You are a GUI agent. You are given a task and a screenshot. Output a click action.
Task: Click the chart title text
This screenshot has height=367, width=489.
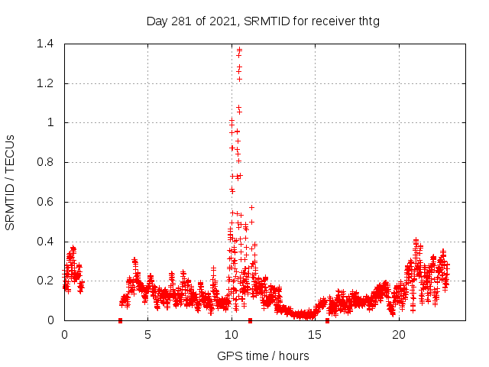[263, 21]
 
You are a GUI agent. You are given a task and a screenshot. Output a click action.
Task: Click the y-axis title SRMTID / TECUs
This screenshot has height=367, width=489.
[11, 182]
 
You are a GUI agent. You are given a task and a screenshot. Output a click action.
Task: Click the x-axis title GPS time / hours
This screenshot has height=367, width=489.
[263, 356]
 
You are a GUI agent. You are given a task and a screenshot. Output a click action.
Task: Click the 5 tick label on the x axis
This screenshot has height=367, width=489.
[147, 334]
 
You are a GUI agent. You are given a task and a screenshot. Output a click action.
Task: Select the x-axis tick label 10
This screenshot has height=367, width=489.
[232, 334]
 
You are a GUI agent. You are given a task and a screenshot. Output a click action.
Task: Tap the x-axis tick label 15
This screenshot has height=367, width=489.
[315, 334]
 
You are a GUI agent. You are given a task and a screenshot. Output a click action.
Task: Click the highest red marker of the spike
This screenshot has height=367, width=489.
[240, 50]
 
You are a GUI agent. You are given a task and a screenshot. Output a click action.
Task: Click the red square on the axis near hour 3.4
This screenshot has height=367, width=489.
[120, 320]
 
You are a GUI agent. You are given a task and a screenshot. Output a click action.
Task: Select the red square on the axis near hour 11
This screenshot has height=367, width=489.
[250, 320]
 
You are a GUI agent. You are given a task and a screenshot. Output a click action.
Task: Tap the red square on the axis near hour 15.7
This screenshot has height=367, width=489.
[327, 320]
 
